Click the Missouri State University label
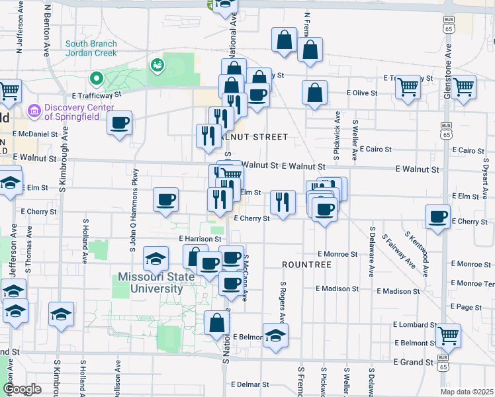click(x=151, y=283)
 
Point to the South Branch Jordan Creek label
click(x=91, y=48)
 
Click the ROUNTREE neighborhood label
click(x=306, y=265)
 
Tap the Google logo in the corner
click(x=22, y=388)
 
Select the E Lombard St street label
click(x=413, y=325)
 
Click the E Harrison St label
click(x=199, y=239)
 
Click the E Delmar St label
click(x=250, y=384)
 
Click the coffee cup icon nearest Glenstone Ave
click(x=437, y=217)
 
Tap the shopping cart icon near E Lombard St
click(x=448, y=336)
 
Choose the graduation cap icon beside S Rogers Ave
click(x=275, y=335)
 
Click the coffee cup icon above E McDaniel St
click(x=119, y=123)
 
